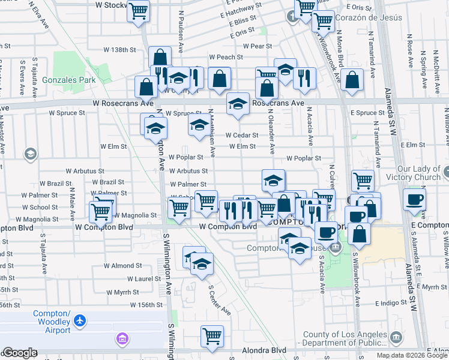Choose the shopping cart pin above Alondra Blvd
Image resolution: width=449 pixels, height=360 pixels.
(212, 337)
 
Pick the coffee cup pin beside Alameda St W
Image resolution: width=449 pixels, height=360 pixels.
(414, 200)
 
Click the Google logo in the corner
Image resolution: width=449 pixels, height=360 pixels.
(20, 353)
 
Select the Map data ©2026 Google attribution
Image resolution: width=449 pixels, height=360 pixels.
(411, 355)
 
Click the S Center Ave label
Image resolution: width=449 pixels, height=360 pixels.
(220, 299)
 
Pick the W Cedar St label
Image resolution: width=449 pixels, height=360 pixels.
(242, 136)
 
